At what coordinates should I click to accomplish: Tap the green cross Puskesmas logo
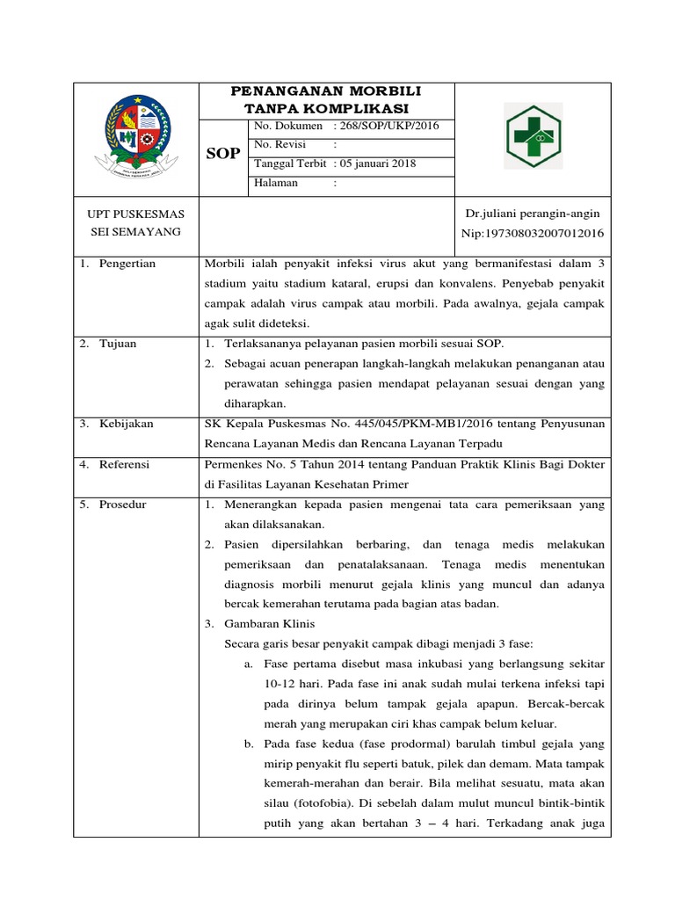pyautogui.click(x=533, y=137)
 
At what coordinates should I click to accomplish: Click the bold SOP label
pyautogui.click(x=223, y=154)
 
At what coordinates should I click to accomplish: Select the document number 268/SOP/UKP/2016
pyautogui.click(x=390, y=126)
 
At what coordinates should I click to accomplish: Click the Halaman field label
pyautogui.click(x=276, y=183)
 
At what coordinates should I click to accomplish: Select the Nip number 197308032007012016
pyautogui.click(x=533, y=233)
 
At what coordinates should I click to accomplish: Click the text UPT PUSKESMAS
pyautogui.click(x=133, y=214)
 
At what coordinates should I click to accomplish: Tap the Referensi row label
pyautogui.click(x=124, y=464)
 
